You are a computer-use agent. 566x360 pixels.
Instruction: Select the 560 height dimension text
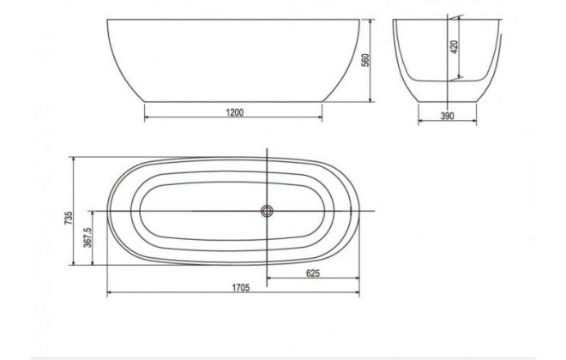pos(364,60)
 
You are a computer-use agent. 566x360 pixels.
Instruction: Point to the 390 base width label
pos(447,115)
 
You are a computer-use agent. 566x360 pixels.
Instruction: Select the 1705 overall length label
pos(239,288)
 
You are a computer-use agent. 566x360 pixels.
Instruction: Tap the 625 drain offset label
pos(314,273)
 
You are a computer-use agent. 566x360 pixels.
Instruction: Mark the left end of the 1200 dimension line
pos(143,119)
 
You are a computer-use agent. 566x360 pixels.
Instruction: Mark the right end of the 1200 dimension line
pos(322,119)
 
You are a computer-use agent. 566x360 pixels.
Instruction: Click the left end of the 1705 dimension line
pos(107,294)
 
